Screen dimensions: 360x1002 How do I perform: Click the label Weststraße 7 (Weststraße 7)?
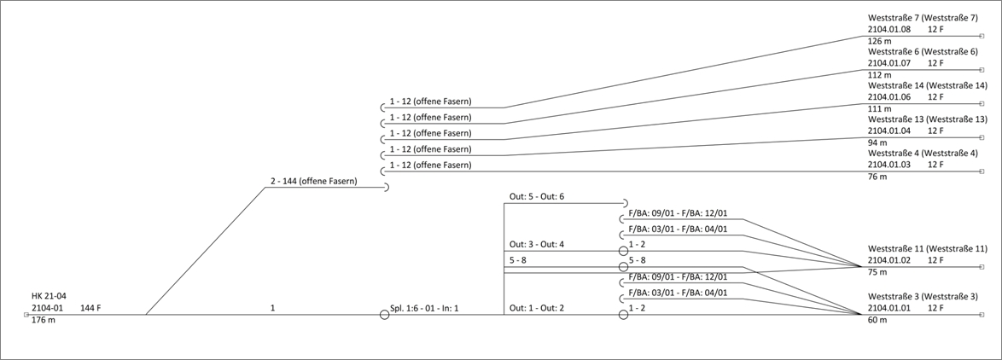[x=923, y=18]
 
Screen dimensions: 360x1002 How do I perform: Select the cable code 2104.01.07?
[x=889, y=63]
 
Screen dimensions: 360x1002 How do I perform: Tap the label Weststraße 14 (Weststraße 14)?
[x=927, y=85]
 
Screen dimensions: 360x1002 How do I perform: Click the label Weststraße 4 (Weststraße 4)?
[x=923, y=154]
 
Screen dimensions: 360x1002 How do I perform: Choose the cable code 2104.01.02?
[x=889, y=260]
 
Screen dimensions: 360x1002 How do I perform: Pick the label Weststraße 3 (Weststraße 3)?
[x=923, y=296]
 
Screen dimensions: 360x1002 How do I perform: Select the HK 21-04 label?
[x=49, y=296]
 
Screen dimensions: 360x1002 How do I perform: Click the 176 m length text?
[x=43, y=320]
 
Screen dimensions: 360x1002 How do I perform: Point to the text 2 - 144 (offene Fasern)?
[x=314, y=182]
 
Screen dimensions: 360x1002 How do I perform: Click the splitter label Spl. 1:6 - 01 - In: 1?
[x=430, y=307]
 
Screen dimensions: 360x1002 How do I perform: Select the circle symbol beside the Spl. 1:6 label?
[x=384, y=315]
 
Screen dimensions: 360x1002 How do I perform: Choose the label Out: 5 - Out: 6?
[x=537, y=197]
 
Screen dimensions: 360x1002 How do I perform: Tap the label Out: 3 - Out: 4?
[x=537, y=245]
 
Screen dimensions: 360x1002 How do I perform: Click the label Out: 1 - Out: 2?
[x=537, y=307]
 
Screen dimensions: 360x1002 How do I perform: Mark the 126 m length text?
[x=880, y=41]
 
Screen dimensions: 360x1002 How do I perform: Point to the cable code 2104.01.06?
[x=889, y=97]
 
